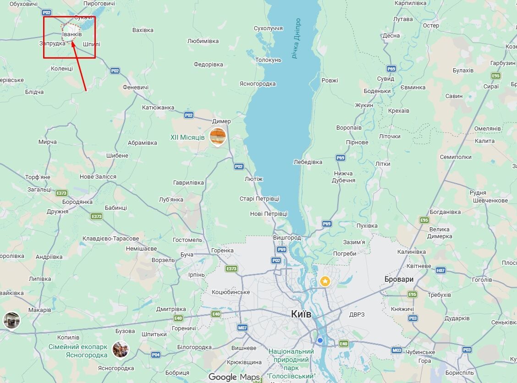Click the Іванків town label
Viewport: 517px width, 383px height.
tap(71, 34)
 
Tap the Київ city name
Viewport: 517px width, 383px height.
tap(301, 314)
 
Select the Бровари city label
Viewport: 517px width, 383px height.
tap(399, 279)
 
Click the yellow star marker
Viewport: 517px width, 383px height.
tap(325, 281)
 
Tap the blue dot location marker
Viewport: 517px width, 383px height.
tap(320, 340)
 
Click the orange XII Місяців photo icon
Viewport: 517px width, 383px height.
tap(218, 137)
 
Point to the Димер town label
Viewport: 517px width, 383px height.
tap(221, 121)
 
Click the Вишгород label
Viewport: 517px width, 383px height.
tap(287, 238)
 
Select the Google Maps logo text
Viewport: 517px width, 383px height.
tap(234, 377)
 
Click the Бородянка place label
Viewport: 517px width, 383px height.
tap(77, 202)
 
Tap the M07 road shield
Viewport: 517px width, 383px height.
tap(242, 328)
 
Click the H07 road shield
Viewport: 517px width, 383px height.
tap(440, 271)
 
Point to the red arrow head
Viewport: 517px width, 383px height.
tap(73, 44)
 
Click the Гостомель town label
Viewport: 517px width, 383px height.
tap(187, 240)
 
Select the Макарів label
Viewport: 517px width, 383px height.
tap(39, 310)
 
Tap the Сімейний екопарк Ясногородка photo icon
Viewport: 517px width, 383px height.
tap(121, 350)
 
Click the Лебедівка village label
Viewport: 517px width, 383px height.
tap(308, 162)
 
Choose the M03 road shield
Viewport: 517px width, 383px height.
tap(397, 350)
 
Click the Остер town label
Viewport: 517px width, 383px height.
tap(431, 26)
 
